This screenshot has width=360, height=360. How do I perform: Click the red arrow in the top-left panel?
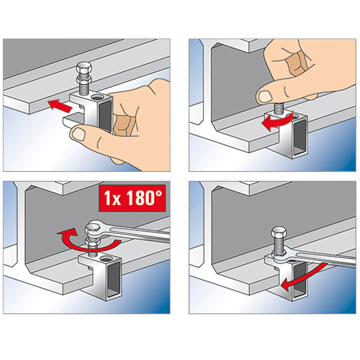[60, 106]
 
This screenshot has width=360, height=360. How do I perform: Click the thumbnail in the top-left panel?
[78, 134]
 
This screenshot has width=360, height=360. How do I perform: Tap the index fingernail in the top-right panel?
[265, 96]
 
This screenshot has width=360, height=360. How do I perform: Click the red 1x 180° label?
[132, 198]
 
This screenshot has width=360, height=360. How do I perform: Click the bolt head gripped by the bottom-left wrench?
[93, 229]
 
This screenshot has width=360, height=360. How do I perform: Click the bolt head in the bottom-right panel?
[279, 234]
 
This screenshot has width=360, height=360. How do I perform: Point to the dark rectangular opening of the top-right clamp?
[300, 138]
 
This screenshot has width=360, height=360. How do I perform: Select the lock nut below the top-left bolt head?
[84, 81]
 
